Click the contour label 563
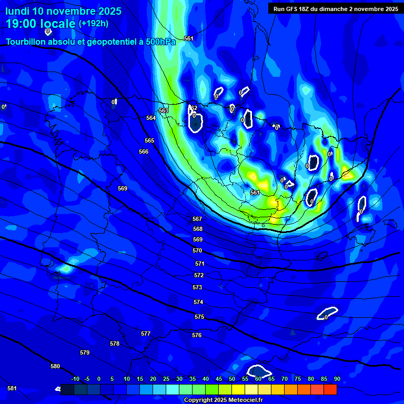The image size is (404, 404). (x=164, y=111)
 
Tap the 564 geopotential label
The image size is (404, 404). (x=151, y=118)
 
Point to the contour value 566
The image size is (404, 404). (x=144, y=151)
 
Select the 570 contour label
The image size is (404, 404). (x=197, y=251)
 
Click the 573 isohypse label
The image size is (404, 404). (x=197, y=288)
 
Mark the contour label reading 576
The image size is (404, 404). (x=197, y=335)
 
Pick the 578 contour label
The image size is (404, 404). (x=115, y=344)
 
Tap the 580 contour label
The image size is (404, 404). (x=55, y=366)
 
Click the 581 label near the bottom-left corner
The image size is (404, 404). (x=12, y=388)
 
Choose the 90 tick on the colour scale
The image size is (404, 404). (x=337, y=379)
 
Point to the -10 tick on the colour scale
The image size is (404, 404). (x=75, y=379)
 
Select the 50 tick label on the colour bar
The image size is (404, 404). (x=232, y=379)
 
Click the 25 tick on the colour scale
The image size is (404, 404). (x=166, y=379)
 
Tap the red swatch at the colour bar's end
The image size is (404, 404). (x=330, y=390)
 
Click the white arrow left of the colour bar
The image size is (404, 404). (x=57, y=389)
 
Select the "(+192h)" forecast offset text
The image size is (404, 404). (x=93, y=24)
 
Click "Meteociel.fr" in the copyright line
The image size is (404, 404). (x=245, y=400)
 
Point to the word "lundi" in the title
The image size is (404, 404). (x=17, y=11)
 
